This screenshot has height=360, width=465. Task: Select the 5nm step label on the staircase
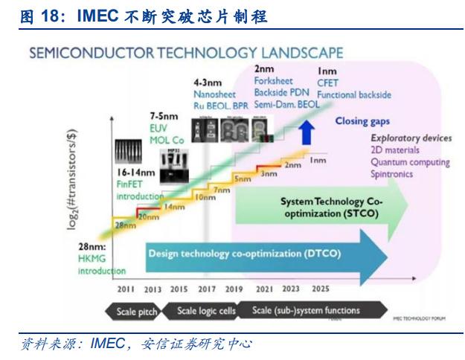coord(243,179)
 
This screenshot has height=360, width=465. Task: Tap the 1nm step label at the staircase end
coord(318,160)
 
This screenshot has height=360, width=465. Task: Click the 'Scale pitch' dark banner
coord(137,312)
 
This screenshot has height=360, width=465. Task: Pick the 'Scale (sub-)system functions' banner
coord(306,311)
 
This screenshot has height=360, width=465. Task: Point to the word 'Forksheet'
coord(273,81)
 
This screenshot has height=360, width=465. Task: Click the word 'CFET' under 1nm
coord(327,83)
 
